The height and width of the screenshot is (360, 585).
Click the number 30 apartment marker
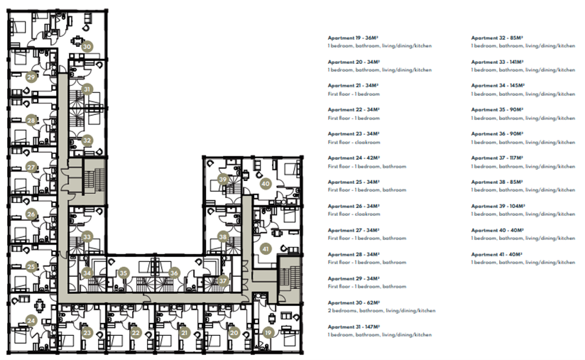(87, 47)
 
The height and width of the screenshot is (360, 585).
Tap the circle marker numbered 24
(31, 320)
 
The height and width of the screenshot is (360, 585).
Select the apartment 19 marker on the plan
(268, 332)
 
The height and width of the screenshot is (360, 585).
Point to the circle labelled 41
(266, 249)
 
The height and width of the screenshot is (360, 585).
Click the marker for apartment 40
(266, 183)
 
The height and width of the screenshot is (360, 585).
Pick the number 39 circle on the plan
(223, 180)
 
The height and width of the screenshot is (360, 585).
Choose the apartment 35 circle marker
(124, 272)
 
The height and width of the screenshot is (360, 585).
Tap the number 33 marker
(87, 236)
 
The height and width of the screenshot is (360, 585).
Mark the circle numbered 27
(31, 168)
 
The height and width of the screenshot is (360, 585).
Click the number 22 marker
(136, 332)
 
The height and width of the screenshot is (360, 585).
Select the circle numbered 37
(222, 280)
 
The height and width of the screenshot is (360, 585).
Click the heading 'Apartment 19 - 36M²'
(353, 37)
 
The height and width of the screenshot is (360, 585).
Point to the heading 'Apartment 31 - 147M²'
(354, 327)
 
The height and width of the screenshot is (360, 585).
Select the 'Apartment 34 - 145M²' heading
(497, 85)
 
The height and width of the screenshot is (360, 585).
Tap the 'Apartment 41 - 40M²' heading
(496, 254)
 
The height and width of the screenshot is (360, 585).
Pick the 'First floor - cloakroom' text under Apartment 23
(354, 142)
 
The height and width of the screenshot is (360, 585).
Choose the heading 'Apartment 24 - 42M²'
(354, 158)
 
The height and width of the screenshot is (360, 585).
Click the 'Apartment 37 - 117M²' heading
(496, 158)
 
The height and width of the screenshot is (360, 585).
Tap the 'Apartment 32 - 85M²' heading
(496, 37)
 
